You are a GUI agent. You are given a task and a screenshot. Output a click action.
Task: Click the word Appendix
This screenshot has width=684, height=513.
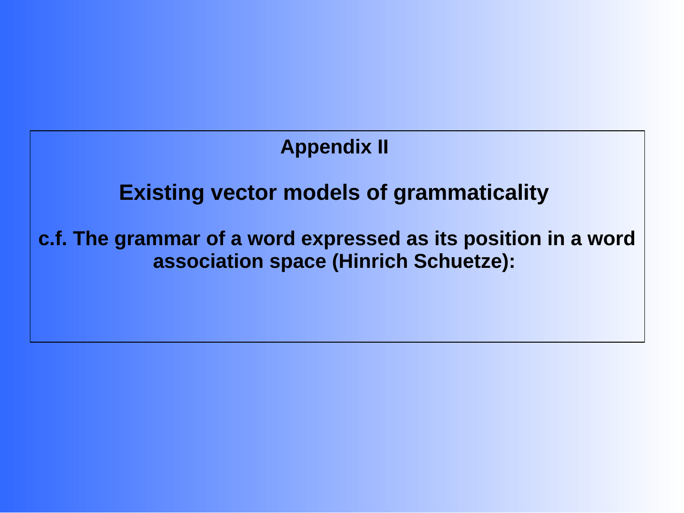pos(326,147)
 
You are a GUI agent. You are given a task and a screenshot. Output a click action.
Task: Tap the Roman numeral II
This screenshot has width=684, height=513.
pos(383,147)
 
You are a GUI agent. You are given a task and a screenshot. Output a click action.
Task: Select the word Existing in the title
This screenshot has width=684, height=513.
pos(161,193)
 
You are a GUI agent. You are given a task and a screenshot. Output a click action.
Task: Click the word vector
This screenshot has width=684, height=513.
pos(244,193)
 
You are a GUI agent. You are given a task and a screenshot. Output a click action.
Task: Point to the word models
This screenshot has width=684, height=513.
pos(321,193)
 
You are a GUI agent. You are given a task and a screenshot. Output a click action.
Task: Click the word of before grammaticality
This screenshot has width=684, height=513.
pos(377,193)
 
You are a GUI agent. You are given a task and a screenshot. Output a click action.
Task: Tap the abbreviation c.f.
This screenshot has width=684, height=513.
pos(53,238)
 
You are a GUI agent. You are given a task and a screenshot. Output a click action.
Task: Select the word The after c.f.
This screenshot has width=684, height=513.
pos(91,238)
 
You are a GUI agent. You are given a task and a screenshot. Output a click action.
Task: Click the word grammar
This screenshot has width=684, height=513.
pos(157,239)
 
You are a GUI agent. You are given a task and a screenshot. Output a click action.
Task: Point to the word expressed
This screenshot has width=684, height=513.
pos(350,239)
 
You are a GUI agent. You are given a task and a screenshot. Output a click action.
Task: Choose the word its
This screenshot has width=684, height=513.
pos(446,238)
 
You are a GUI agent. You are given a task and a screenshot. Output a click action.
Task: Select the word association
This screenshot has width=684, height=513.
pos(209,262)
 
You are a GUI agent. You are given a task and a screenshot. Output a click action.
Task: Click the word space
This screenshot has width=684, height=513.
pos(298,262)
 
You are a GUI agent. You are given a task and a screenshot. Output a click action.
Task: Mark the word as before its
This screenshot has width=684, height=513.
pos(418,239)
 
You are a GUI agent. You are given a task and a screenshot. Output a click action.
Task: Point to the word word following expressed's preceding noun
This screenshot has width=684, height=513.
pos(271,238)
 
